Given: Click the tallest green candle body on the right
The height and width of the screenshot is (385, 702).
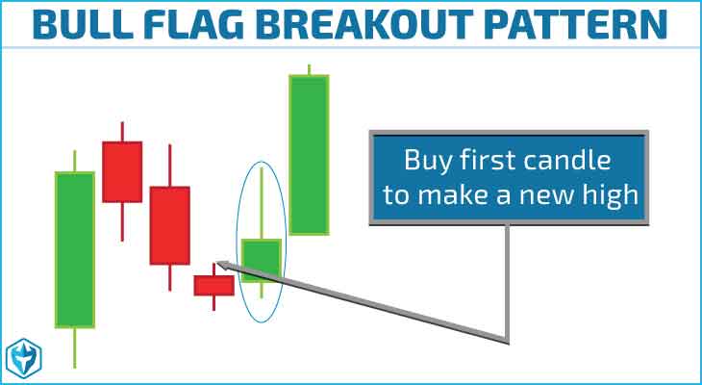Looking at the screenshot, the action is click(309, 155).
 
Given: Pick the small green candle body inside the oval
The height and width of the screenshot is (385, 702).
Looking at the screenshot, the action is click(262, 261).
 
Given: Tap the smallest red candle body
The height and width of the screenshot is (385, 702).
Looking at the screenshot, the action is click(214, 286).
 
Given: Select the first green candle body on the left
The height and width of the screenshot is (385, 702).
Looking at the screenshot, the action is click(75, 249).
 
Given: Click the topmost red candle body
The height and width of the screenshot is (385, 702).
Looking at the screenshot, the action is click(122, 171).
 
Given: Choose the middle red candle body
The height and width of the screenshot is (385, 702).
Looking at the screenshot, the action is click(169, 225).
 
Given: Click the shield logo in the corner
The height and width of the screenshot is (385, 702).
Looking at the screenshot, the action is click(24, 358).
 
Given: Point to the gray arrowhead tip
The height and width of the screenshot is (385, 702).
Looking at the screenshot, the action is click(216, 262).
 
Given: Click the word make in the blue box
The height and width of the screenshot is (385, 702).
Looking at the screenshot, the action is click(462, 195).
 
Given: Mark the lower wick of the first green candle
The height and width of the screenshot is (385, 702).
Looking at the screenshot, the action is click(75, 348).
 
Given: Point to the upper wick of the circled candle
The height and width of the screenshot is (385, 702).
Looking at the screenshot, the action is click(262, 203).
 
